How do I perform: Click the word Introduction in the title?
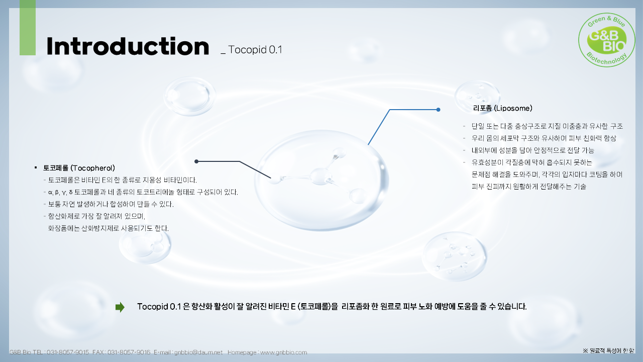[128, 46]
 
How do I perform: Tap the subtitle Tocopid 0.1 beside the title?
[255, 50]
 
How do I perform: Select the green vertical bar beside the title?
[28, 28]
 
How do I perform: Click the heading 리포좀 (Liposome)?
[502, 108]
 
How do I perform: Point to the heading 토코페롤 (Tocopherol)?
[79, 167]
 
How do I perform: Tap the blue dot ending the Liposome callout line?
[438, 109]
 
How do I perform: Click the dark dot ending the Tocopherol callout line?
[196, 161]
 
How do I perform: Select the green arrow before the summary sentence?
[120, 307]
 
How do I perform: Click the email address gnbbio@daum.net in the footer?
[198, 352]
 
